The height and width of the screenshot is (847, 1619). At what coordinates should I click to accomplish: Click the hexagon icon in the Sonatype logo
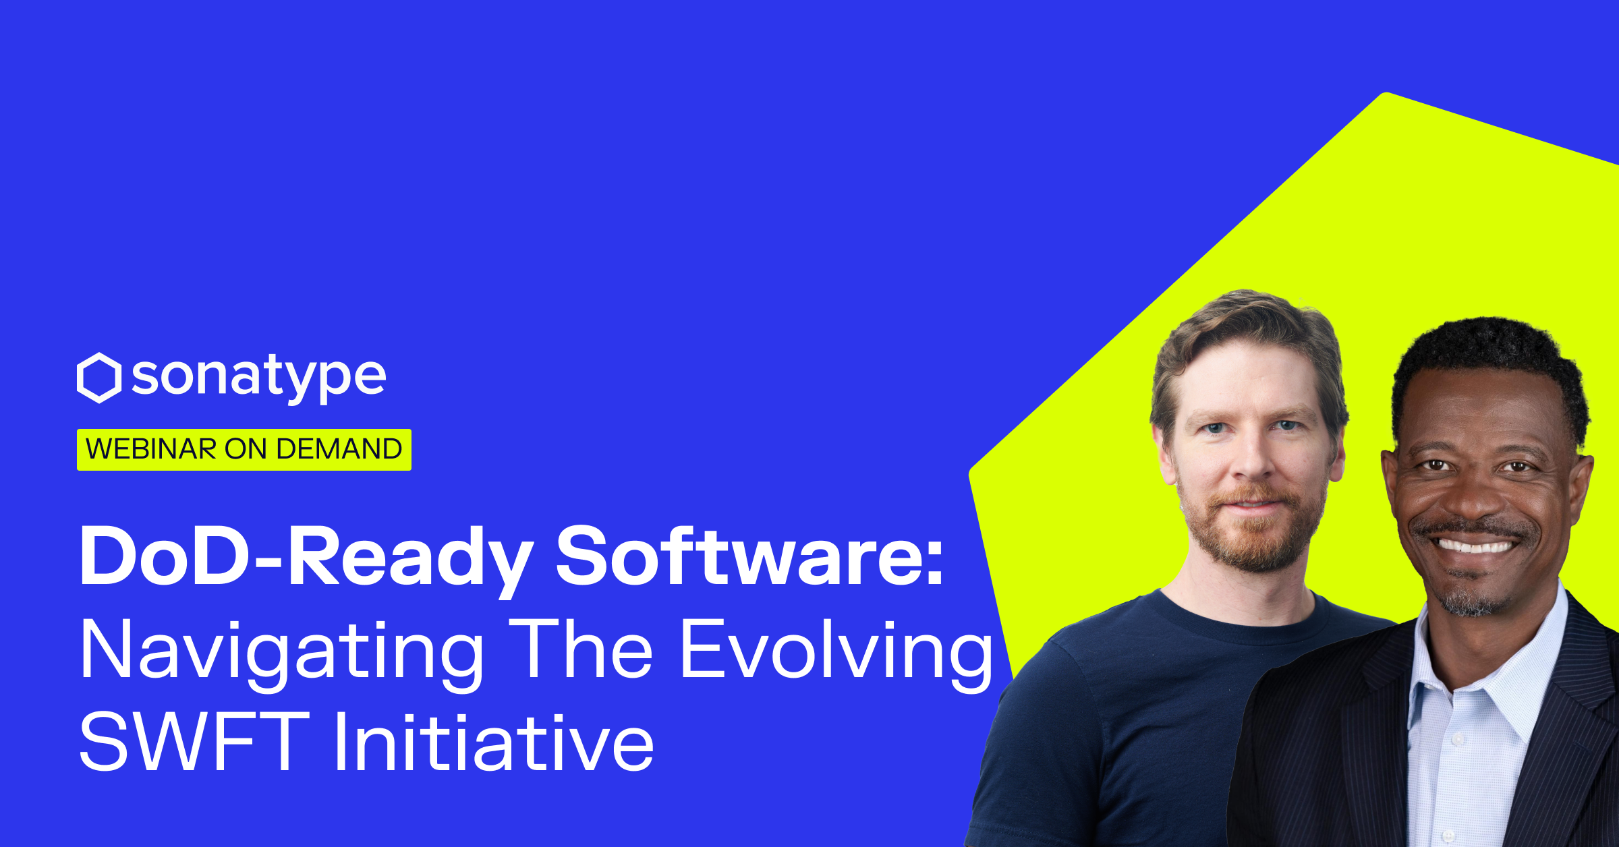click(x=99, y=378)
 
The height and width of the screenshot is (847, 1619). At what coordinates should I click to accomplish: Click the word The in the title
click(x=581, y=649)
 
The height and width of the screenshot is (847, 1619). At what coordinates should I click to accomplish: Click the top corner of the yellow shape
click(x=1387, y=93)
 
